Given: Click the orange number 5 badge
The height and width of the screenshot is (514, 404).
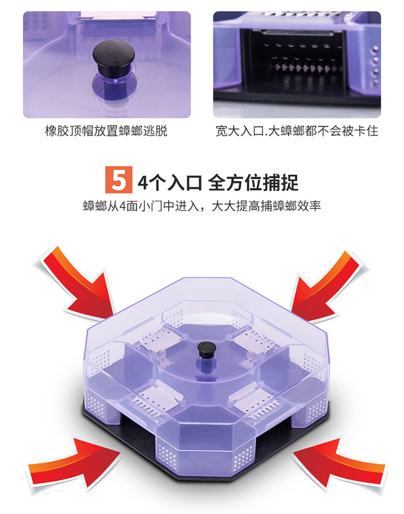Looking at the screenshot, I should tap(118, 180).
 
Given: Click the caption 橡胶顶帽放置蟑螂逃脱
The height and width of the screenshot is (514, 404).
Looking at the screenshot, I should tap(106, 131).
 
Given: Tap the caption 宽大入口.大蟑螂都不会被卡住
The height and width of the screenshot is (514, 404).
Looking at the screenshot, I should tap(297, 131).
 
